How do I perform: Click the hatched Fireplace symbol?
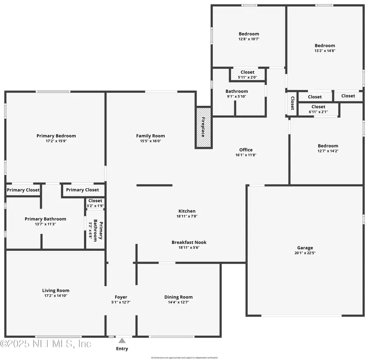click(204, 128)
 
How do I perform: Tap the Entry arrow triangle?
click(122, 340)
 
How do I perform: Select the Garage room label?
click(305, 248)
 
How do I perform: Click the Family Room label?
click(150, 136)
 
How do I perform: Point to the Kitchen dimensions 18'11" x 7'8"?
click(187, 216)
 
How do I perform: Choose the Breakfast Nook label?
click(189, 242)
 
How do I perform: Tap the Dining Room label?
click(178, 297)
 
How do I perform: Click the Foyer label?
click(121, 297)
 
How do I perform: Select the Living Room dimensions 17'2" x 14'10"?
click(56, 296)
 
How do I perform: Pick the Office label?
click(246, 150)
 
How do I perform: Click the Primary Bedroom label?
click(56, 136)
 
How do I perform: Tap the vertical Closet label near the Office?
click(292, 103)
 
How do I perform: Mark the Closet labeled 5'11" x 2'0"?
click(247, 75)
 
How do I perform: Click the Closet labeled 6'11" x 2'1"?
click(318, 109)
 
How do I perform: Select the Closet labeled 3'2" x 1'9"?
click(95, 203)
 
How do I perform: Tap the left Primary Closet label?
click(23, 190)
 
